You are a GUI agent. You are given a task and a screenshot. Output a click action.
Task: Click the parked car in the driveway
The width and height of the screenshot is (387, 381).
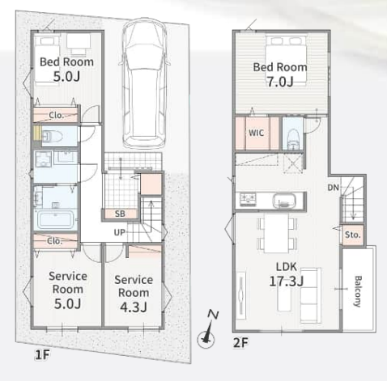[x=144, y=83]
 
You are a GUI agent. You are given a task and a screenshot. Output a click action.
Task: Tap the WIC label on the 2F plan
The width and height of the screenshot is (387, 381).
[x=256, y=133]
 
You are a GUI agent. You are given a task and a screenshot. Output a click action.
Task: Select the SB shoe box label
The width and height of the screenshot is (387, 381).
[x=120, y=214]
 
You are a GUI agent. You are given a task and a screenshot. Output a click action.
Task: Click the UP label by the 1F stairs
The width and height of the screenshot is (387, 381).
[x=120, y=232]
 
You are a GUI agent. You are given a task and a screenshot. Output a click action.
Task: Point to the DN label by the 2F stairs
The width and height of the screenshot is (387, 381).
[x=334, y=188]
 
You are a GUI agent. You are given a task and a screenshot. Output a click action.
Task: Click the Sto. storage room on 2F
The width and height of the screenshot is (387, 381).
[x=353, y=235]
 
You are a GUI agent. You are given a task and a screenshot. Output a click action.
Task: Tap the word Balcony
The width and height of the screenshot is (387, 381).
[x=358, y=291]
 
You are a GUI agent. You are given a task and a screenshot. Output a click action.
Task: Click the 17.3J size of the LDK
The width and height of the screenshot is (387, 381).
[x=287, y=282]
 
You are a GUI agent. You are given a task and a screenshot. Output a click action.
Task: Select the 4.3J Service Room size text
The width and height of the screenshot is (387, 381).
[x=134, y=307]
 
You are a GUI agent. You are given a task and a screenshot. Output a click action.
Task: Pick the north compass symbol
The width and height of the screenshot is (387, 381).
[x=207, y=330]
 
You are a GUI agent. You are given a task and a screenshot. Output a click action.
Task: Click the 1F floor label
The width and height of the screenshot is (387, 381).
[x=42, y=355]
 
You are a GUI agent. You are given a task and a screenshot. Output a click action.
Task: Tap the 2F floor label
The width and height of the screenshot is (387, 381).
[x=240, y=343]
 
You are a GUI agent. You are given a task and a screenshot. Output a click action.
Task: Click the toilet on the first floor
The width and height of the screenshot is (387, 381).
[x=52, y=137]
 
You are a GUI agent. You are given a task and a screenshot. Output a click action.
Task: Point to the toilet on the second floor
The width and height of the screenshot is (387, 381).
[x=293, y=139]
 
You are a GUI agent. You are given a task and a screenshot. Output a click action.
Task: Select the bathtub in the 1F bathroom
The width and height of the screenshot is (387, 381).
[x=56, y=220]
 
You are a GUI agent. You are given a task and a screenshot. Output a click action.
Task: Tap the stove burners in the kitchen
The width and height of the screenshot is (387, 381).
[x=248, y=200]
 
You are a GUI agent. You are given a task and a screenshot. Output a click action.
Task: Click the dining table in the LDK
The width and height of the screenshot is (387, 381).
[x=276, y=234]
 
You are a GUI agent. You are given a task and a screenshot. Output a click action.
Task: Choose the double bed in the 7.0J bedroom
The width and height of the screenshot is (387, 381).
[x=287, y=59]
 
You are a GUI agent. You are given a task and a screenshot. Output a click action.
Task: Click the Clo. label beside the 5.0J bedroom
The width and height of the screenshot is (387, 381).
[x=56, y=116]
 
